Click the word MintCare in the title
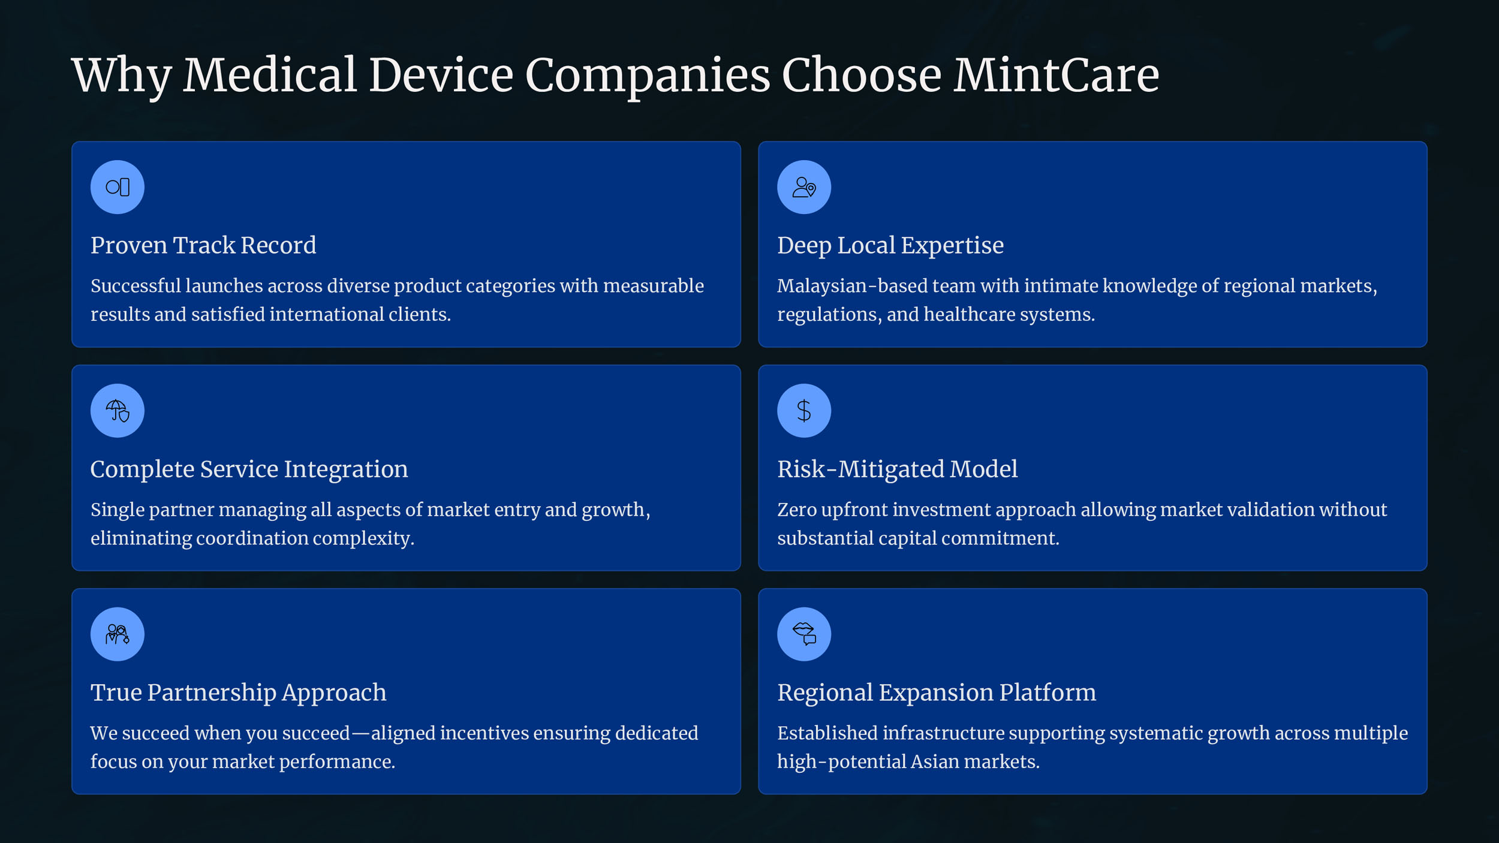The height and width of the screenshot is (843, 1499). click(x=1056, y=75)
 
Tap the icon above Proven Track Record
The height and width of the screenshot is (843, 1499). click(x=118, y=187)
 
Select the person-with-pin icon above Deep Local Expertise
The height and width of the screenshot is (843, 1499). click(x=804, y=187)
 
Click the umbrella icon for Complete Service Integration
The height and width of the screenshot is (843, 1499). click(x=118, y=411)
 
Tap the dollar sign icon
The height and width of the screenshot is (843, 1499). click(x=804, y=411)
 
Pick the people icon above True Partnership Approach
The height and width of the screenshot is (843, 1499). click(x=118, y=634)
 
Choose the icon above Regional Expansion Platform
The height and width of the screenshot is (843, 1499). click(x=804, y=634)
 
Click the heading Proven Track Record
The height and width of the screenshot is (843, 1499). click(x=203, y=245)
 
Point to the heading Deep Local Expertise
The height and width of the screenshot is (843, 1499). click(x=890, y=246)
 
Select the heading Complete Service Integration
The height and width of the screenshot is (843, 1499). click(x=249, y=469)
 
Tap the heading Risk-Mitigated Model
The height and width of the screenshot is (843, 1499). click(x=898, y=469)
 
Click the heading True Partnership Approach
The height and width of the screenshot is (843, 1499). click(x=239, y=693)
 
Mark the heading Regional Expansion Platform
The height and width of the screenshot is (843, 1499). click(x=937, y=693)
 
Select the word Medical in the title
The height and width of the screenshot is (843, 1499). click(x=270, y=75)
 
